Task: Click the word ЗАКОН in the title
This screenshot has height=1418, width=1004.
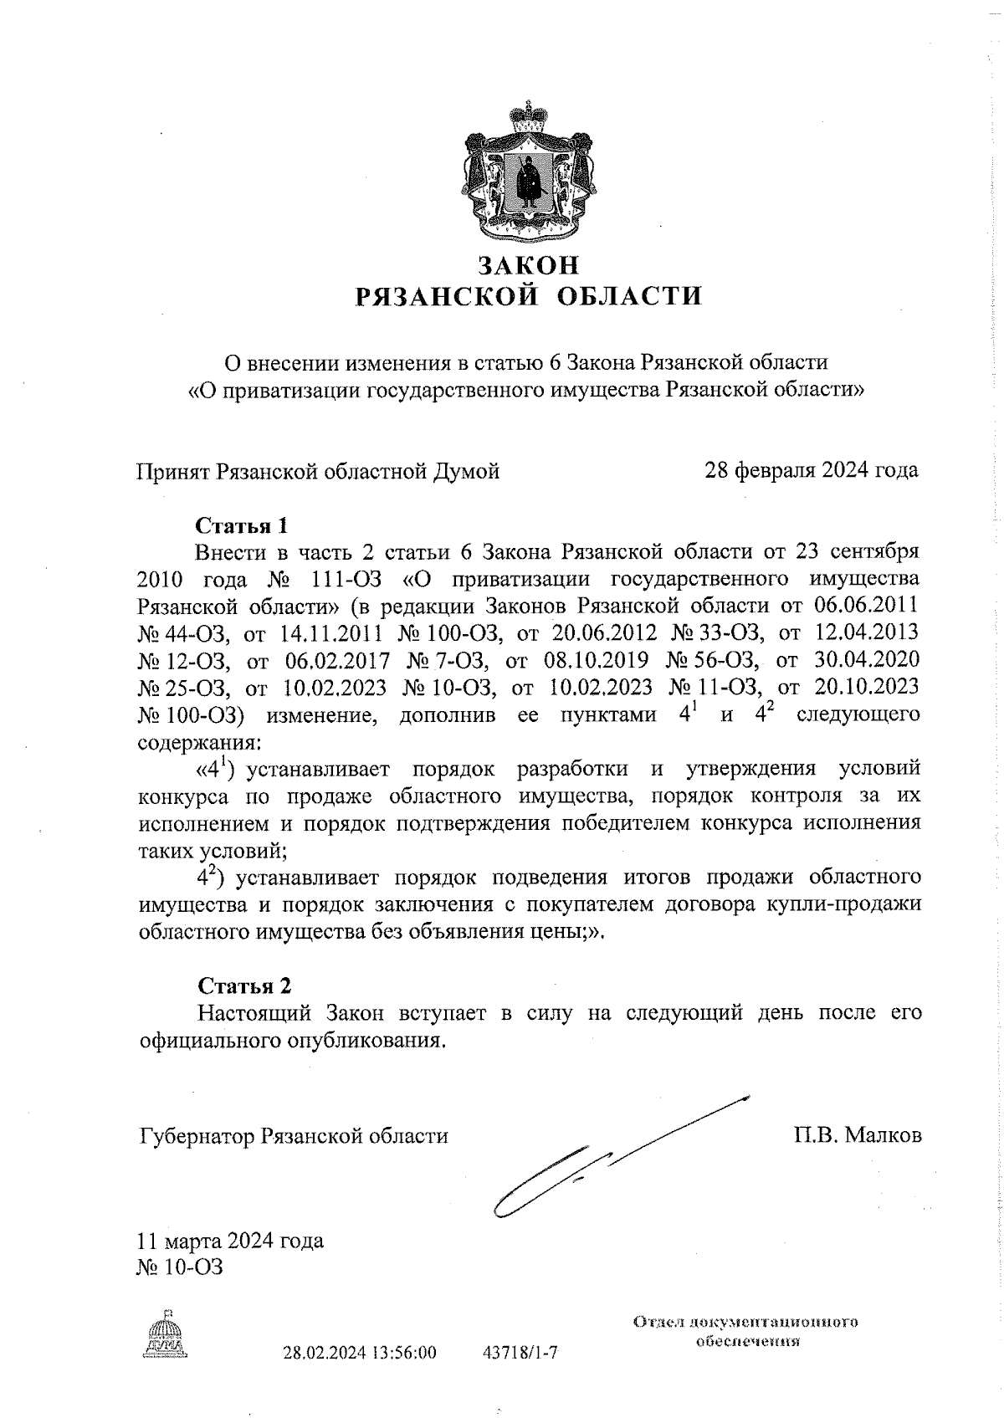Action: (x=528, y=265)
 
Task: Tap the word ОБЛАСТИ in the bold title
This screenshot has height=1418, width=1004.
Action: (x=628, y=296)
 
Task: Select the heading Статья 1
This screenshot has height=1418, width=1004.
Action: (x=241, y=525)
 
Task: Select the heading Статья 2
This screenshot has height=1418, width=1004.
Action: (x=243, y=985)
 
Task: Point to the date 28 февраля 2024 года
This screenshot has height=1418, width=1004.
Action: (x=811, y=470)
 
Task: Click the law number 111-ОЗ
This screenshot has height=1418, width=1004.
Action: (x=344, y=579)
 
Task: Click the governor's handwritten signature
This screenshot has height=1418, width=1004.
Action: (x=602, y=1163)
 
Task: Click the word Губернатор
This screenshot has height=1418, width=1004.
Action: (x=197, y=1136)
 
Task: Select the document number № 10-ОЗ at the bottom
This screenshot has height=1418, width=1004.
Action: (x=179, y=1267)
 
